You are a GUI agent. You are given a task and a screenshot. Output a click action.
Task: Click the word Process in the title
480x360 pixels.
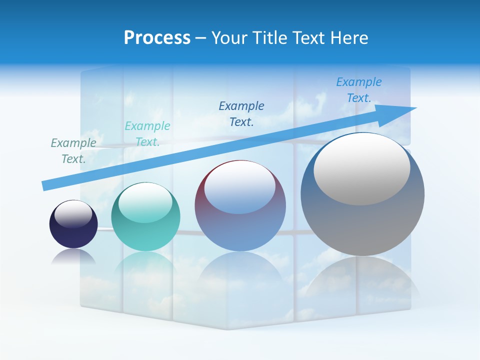[x=157, y=38]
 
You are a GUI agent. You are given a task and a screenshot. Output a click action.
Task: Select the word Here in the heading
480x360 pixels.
[x=349, y=38]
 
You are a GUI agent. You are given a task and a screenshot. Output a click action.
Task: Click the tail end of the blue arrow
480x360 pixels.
[x=45, y=185]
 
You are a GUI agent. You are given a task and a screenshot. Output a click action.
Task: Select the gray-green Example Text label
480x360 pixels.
[x=73, y=150]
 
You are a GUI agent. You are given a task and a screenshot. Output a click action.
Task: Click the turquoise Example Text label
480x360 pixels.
[x=147, y=133]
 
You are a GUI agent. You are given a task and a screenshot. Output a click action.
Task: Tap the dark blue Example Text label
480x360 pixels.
[x=241, y=113]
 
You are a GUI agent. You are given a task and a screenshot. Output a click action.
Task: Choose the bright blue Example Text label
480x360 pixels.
[x=359, y=89]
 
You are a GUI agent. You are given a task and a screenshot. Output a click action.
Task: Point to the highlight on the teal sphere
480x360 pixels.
[x=145, y=203]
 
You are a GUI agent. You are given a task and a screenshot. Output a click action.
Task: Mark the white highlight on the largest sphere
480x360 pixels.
[x=362, y=169]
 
